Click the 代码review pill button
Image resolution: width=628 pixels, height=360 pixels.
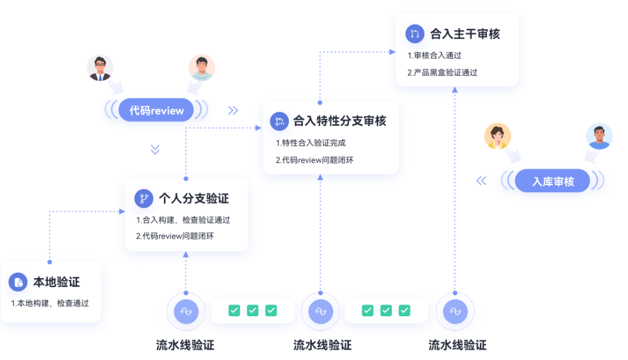tap(156, 110)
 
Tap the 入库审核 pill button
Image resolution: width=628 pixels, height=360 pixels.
tap(552, 181)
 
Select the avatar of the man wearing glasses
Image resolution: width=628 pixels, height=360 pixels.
tap(100, 68)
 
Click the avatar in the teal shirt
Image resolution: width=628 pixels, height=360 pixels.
tap(201, 68)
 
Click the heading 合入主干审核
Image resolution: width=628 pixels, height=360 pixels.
tap(465, 34)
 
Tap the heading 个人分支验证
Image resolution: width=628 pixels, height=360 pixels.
tap(194, 199)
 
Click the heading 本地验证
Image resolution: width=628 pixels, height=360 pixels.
tap(56, 282)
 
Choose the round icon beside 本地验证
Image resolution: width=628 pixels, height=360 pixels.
tap(18, 282)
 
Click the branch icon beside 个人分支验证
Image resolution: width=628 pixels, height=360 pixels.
tap(144, 199)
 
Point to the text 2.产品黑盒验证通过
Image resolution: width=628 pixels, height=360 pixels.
tap(442, 73)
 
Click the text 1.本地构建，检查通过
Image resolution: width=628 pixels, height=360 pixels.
tap(50, 303)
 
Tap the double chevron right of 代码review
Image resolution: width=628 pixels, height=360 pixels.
tap(233, 110)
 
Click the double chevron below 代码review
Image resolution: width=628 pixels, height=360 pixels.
tap(155, 149)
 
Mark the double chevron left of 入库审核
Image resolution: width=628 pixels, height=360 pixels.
tap(481, 181)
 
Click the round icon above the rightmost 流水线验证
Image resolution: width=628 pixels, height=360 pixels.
tap(455, 311)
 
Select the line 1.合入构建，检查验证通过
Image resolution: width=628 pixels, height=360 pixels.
tap(183, 220)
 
